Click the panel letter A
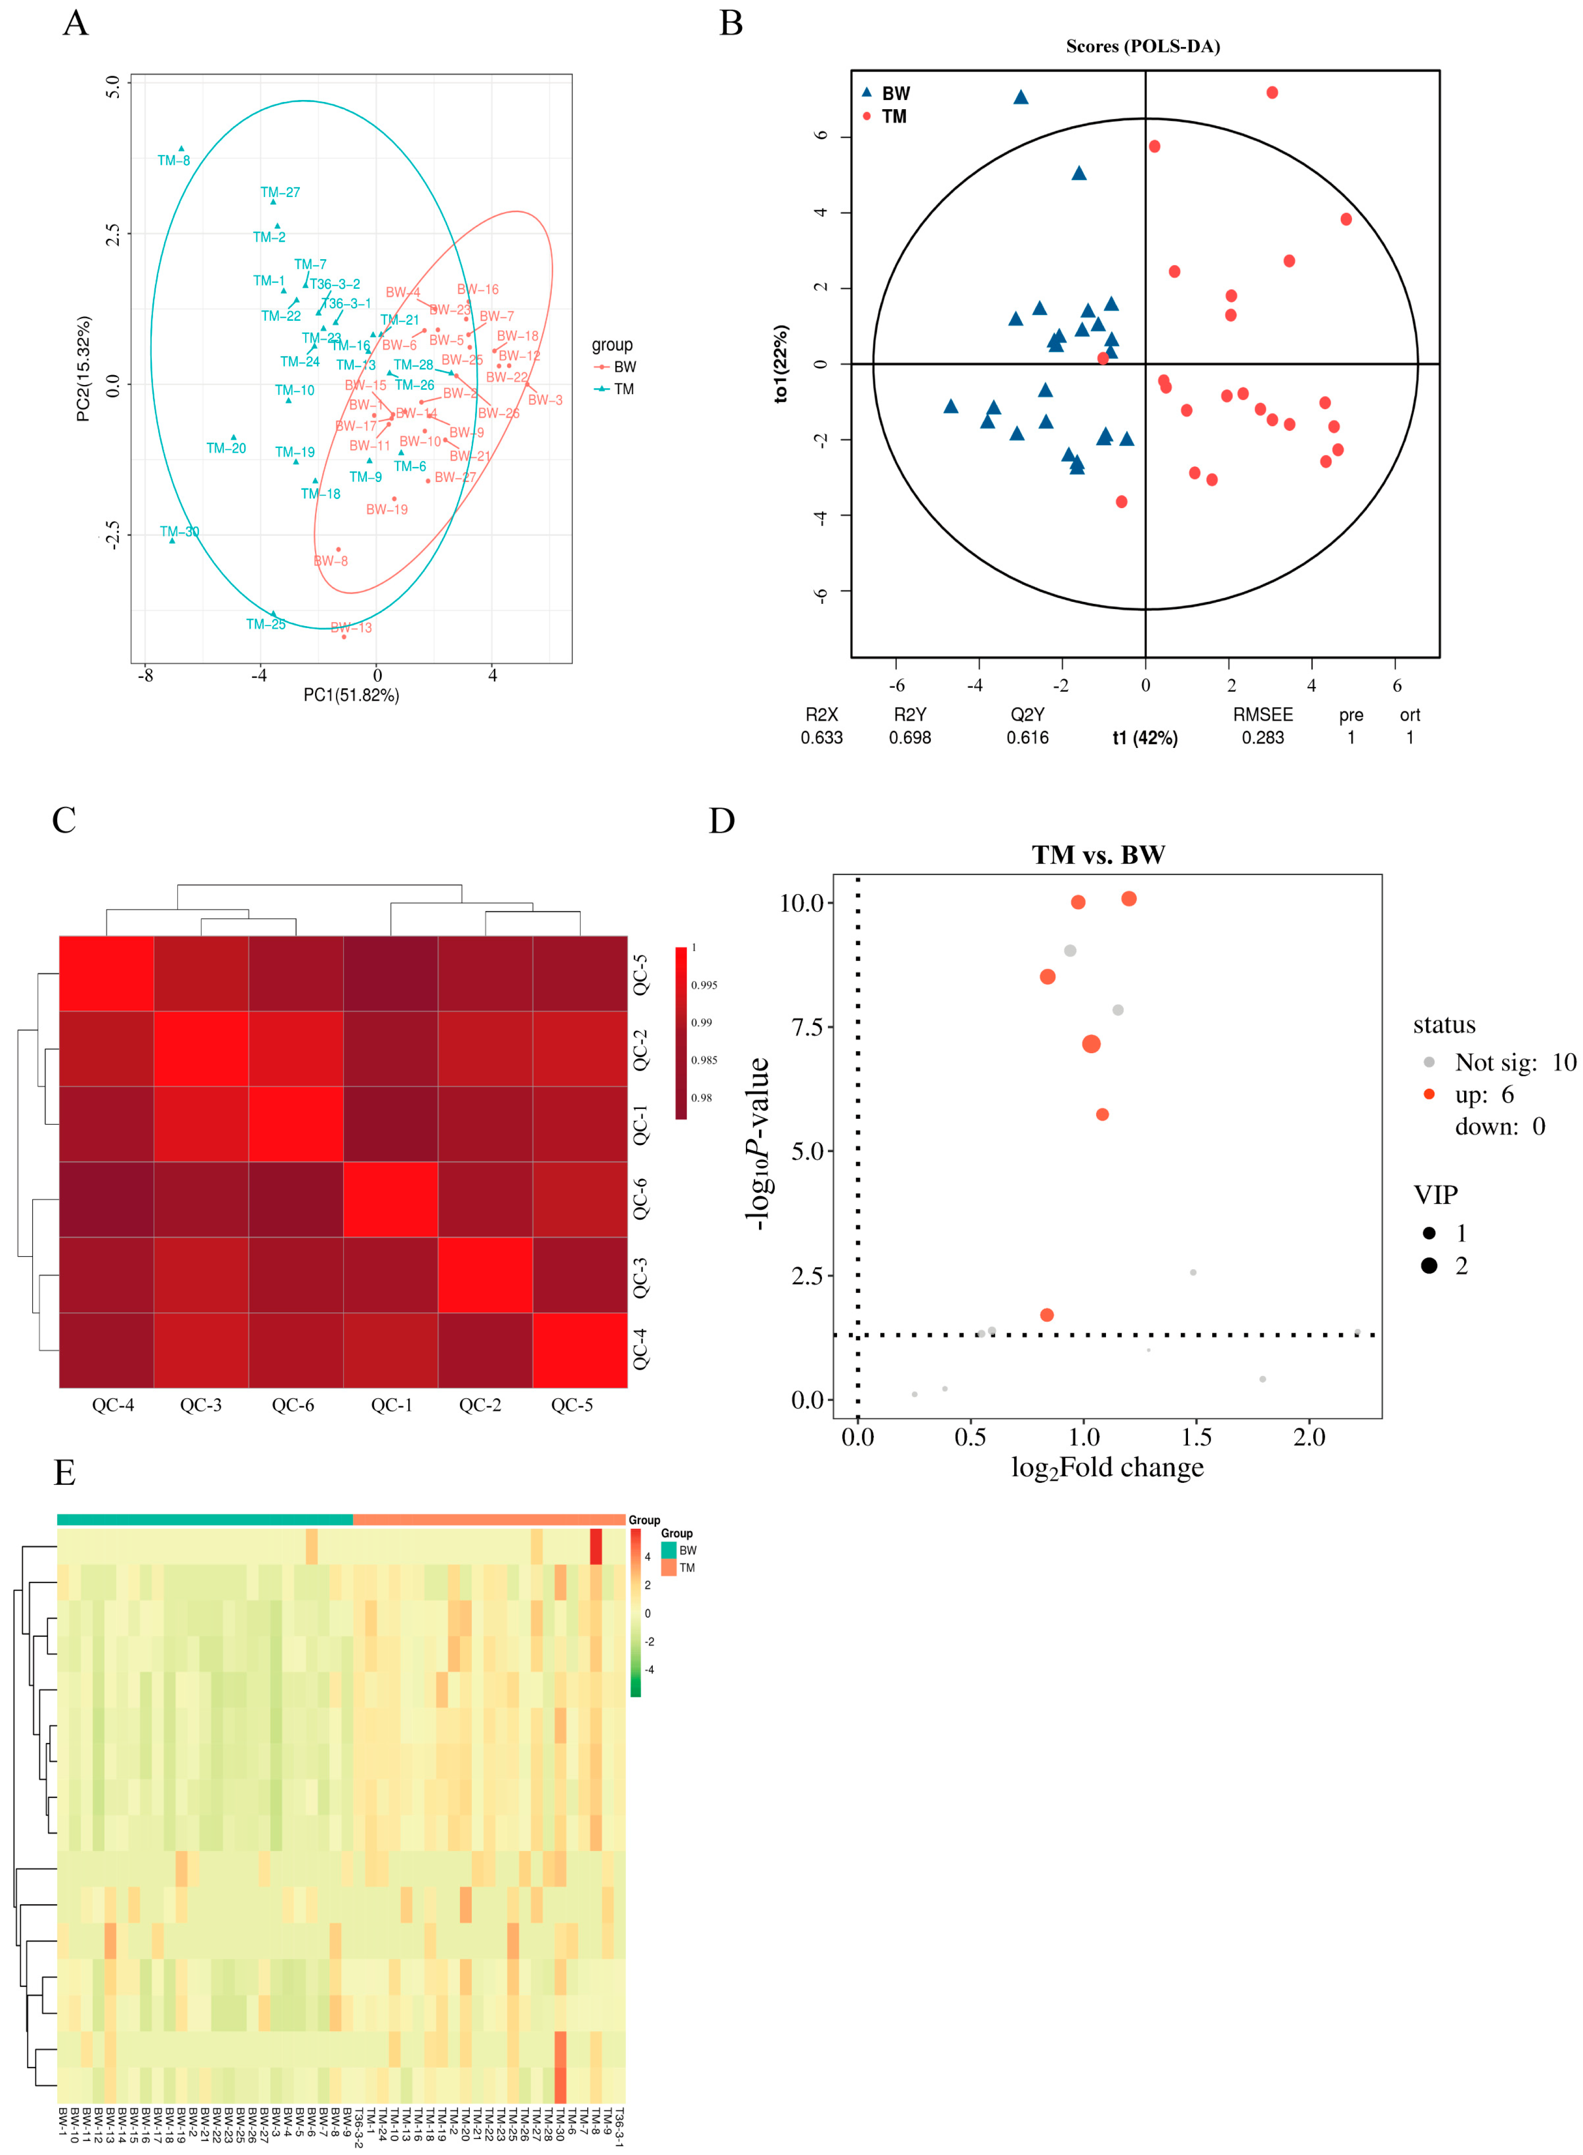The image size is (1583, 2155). click(x=76, y=23)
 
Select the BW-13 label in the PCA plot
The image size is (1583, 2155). click(x=352, y=628)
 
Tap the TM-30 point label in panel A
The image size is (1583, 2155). click(x=179, y=532)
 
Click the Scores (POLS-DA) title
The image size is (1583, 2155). click(x=1142, y=46)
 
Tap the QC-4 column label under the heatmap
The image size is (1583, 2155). click(x=113, y=1406)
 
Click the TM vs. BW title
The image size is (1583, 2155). click(x=1098, y=855)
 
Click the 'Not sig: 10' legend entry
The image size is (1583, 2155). click(x=1514, y=1062)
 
